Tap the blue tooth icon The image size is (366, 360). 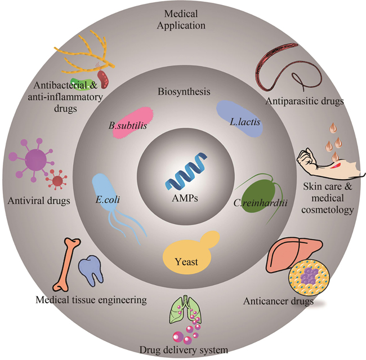pos(90,269)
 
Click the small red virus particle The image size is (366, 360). pos(57,181)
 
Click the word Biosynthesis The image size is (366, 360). pos(182,91)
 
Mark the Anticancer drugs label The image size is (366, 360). pos(278,301)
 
